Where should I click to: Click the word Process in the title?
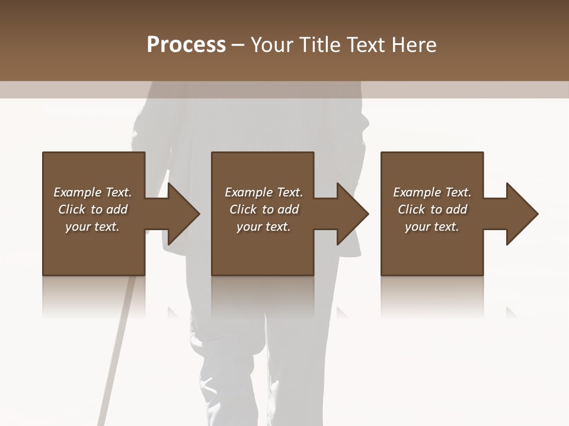(x=186, y=45)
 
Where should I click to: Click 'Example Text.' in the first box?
(x=92, y=192)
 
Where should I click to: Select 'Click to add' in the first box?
(x=92, y=209)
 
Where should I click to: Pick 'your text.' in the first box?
(x=92, y=227)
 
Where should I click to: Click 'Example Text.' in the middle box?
(x=264, y=192)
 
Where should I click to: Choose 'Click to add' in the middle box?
(x=264, y=209)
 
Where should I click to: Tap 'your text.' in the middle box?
(x=264, y=227)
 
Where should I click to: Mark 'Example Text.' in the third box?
(x=432, y=192)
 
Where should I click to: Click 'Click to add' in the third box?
(x=432, y=209)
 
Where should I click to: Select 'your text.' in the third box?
(x=432, y=227)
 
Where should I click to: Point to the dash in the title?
(x=238, y=46)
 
